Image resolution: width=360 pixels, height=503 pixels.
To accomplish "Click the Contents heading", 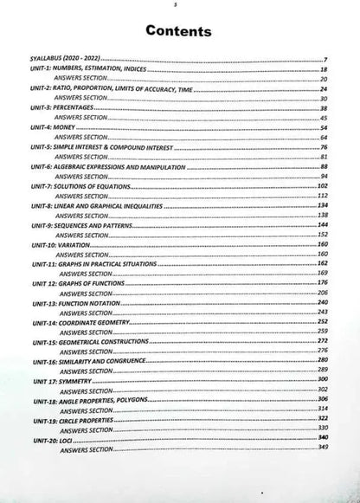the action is [178, 31].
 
